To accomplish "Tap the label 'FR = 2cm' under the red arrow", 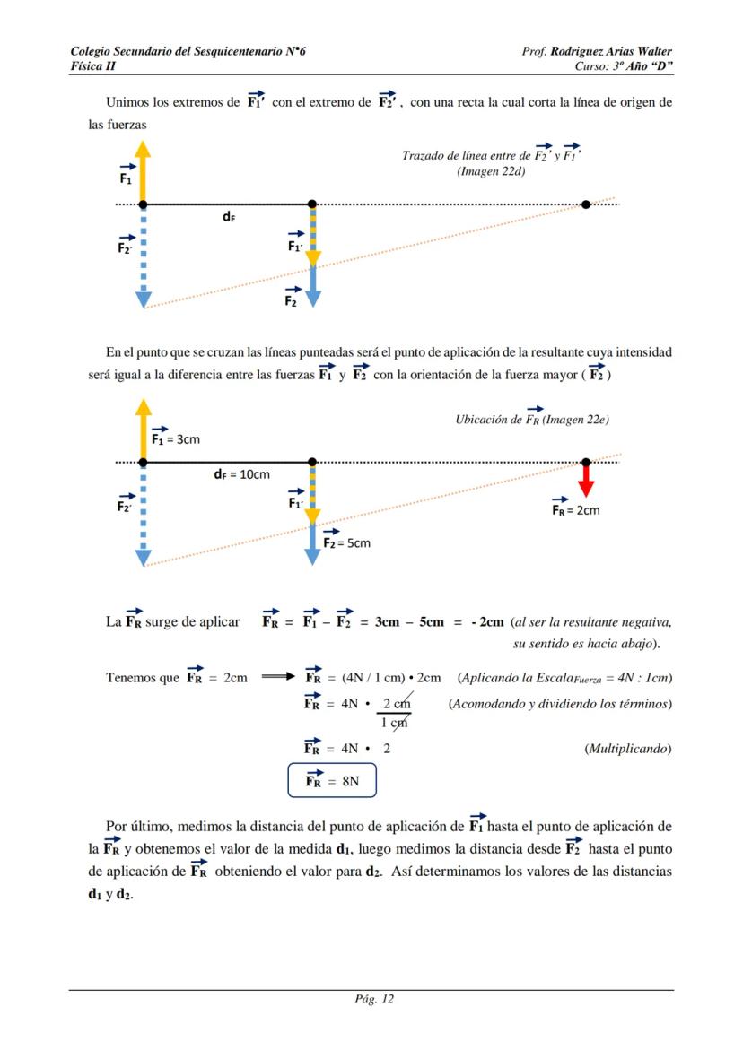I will tap(575, 508).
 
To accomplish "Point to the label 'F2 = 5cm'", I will tap(345, 542).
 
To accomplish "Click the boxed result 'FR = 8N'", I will tap(332, 780).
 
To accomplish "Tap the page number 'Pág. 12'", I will tap(371, 999).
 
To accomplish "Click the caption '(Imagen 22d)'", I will tap(491, 171).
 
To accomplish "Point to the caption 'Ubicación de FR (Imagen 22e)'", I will tap(532, 420).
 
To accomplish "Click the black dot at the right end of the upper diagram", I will tap(586, 204).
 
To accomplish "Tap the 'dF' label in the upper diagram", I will tap(230, 217).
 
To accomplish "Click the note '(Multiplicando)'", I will tap(627, 748).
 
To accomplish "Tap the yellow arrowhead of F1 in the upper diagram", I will tap(143, 162).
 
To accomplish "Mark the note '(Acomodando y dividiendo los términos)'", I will tap(560, 704).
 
